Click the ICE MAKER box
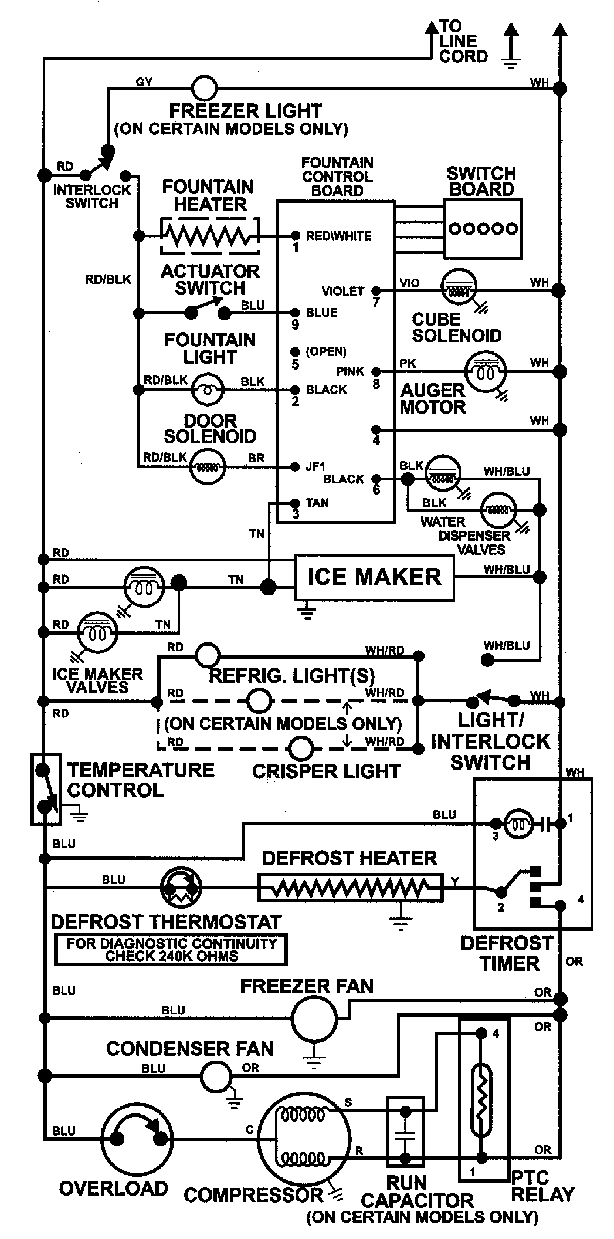[x=374, y=577]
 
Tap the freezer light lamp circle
[x=204, y=88]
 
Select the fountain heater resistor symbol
[x=210, y=236]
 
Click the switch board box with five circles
[x=483, y=229]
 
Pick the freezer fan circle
[x=314, y=1018]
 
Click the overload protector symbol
[x=137, y=1139]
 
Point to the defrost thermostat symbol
[x=181, y=887]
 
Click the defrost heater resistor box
[x=350, y=887]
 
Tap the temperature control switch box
[x=46, y=789]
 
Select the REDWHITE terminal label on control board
[x=339, y=236]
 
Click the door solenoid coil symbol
[x=207, y=467]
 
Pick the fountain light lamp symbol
[x=208, y=390]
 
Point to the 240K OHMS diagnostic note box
[x=171, y=950]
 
